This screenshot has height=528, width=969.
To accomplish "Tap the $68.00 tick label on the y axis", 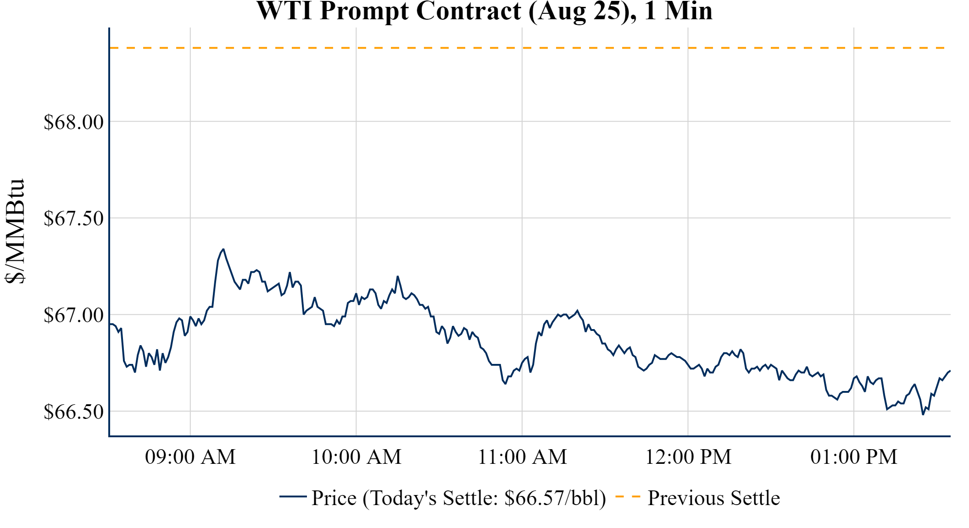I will [73, 122].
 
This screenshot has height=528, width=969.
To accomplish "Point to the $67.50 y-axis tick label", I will [73, 219].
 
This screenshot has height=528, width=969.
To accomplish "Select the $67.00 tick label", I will [73, 315].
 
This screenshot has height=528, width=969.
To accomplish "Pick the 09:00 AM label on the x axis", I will [190, 457].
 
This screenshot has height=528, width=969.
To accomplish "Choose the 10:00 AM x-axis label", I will [356, 457].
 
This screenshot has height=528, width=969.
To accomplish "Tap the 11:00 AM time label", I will [522, 457].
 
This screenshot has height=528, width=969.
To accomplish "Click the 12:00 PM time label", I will [688, 457].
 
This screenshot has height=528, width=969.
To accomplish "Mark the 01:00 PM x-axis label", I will [854, 457].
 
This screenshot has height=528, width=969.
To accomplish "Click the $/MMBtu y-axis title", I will [15, 231].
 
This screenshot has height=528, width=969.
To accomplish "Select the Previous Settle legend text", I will [713, 498].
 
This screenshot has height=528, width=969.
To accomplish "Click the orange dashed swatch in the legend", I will [628, 497].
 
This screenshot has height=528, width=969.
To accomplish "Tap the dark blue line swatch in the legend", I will [293, 497].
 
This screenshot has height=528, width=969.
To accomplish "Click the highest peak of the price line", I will [223, 249].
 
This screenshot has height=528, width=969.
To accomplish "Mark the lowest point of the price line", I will [923, 414].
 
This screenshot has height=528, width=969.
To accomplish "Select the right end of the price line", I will [950, 371].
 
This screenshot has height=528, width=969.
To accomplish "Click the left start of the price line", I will [110, 324].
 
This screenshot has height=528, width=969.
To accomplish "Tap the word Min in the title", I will [689, 11].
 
